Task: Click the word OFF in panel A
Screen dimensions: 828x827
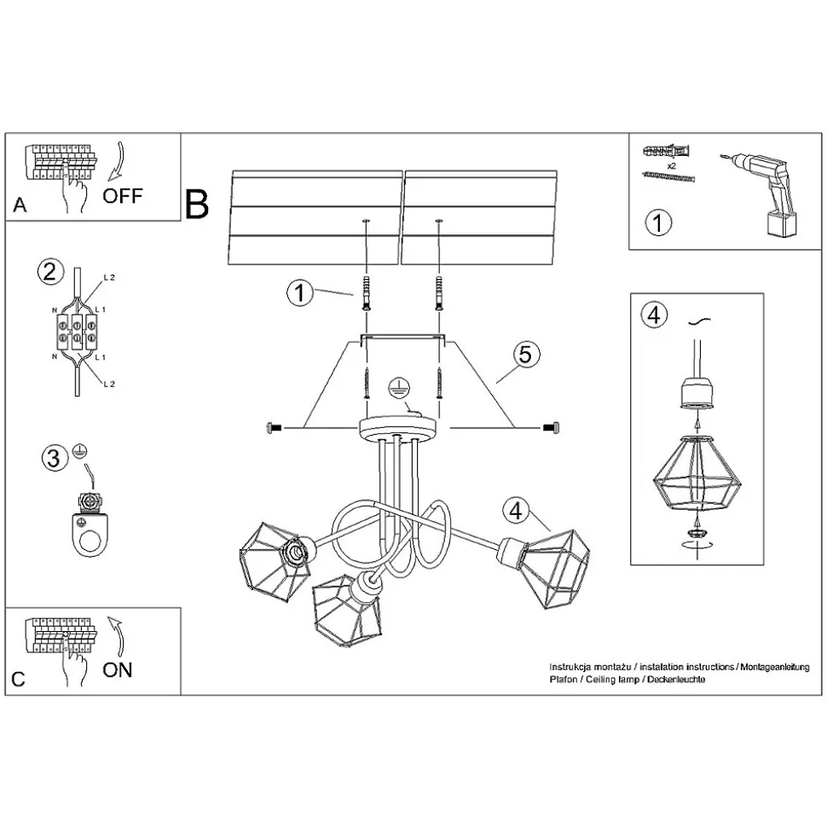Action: click(x=123, y=195)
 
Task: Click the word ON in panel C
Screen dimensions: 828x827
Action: click(x=118, y=669)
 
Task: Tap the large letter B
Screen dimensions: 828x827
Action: click(x=197, y=203)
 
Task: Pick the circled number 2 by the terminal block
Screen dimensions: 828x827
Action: click(x=49, y=273)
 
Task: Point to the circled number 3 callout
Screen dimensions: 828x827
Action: click(x=54, y=459)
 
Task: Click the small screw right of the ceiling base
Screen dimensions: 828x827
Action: click(x=551, y=426)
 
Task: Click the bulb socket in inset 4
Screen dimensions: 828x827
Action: click(x=696, y=393)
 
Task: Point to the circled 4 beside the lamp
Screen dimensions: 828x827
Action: click(x=514, y=511)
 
